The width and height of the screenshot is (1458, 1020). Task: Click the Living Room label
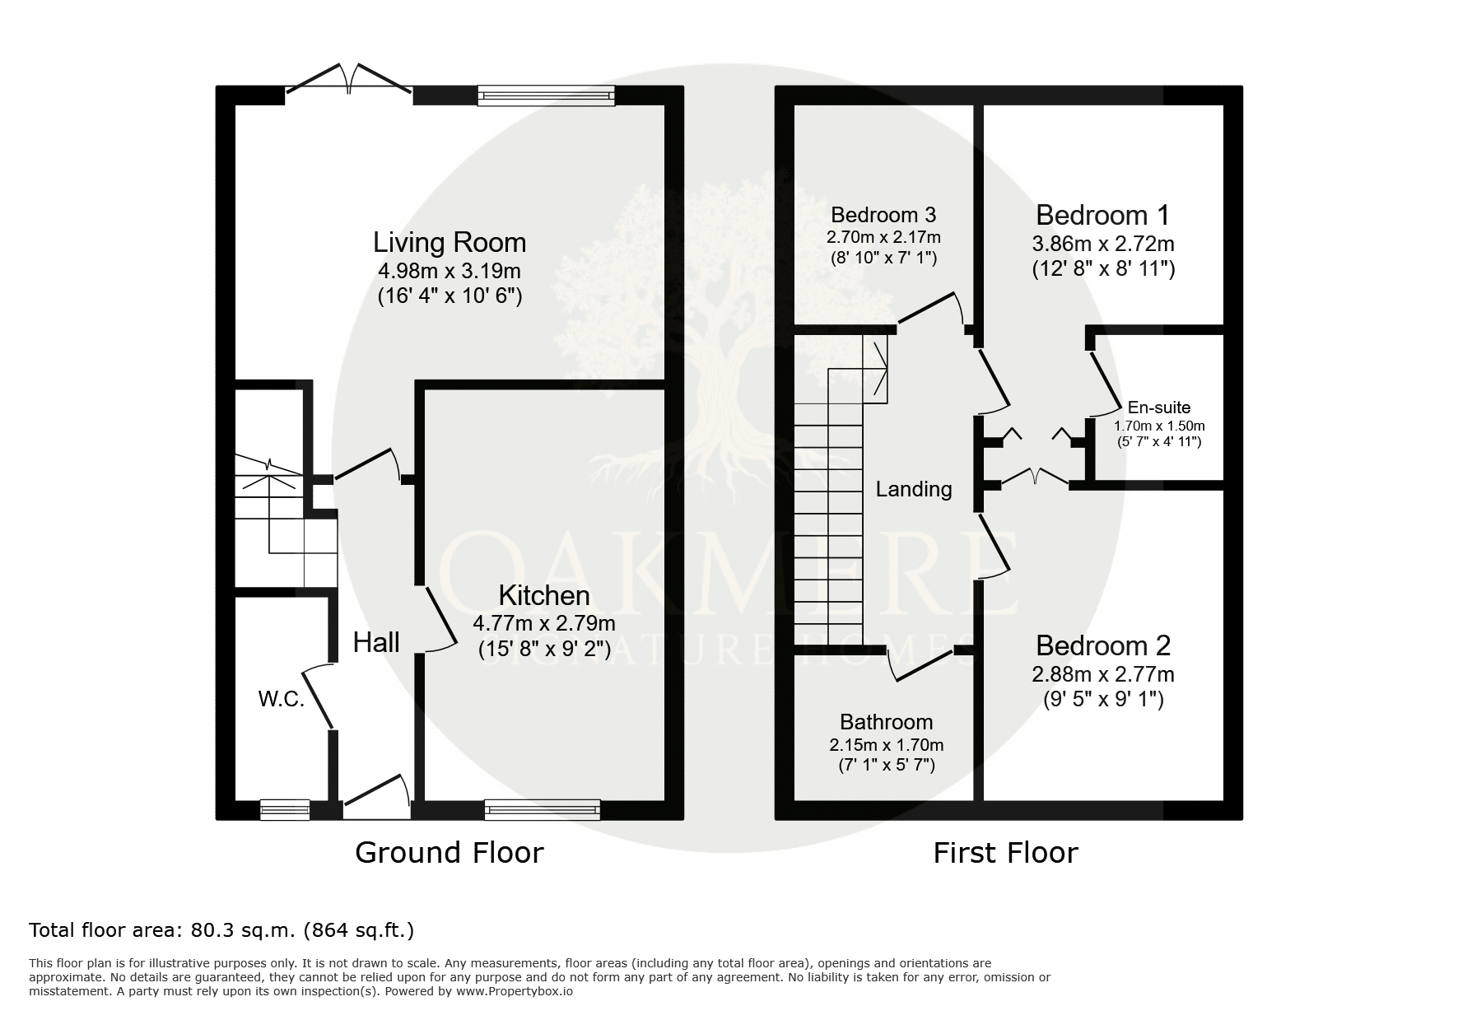(x=450, y=242)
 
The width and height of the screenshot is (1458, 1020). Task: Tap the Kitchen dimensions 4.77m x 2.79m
(x=544, y=623)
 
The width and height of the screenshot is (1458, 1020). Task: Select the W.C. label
(x=282, y=700)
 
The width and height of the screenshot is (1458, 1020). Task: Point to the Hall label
(x=376, y=642)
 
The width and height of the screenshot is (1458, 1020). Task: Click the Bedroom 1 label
(x=1102, y=215)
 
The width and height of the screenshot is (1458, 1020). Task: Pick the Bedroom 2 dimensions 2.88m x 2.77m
(x=1103, y=674)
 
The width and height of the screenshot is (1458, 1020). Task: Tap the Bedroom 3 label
(x=883, y=215)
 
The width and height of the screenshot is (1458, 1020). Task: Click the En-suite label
(x=1159, y=407)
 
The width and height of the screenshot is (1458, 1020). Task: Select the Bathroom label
(x=887, y=722)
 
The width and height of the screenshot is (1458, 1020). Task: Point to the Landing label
(x=914, y=489)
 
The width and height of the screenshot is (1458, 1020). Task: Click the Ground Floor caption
(x=450, y=852)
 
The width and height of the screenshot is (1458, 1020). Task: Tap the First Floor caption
(x=1005, y=852)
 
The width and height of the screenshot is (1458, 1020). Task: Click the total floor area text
(x=221, y=930)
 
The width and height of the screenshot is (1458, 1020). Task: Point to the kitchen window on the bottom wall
(x=543, y=810)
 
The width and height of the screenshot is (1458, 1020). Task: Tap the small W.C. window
(x=285, y=810)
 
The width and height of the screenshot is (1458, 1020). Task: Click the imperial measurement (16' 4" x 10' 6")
(x=450, y=296)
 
